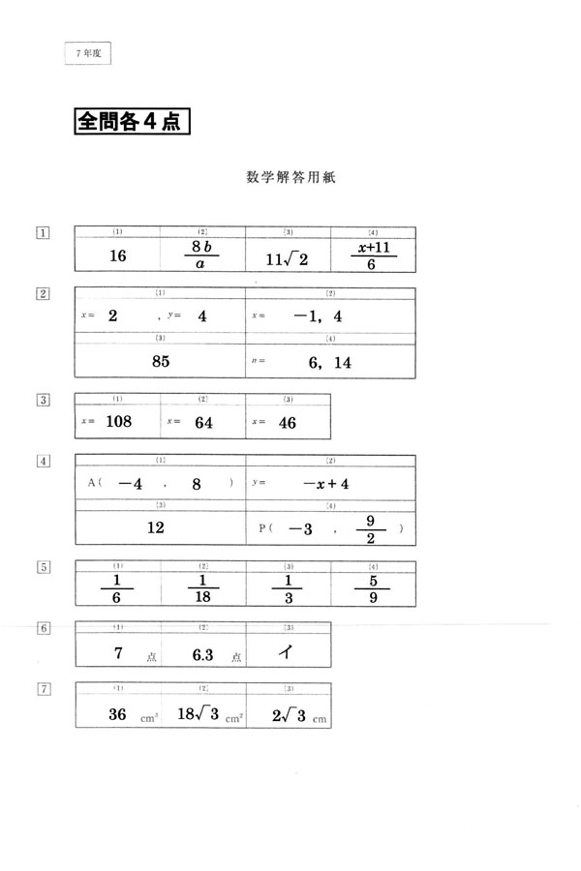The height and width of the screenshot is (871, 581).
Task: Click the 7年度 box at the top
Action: tap(88, 54)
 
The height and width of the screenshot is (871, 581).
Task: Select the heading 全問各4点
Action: tap(131, 124)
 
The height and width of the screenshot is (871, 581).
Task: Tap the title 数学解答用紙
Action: tap(290, 178)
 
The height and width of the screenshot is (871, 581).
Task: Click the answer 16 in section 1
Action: tap(119, 256)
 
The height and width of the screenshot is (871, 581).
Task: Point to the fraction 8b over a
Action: tap(202, 255)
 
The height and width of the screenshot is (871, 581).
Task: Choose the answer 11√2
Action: tap(288, 258)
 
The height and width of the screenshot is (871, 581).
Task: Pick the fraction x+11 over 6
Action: tap(373, 255)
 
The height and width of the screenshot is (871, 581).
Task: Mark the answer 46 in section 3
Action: tap(287, 422)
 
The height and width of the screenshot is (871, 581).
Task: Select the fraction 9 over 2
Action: tap(370, 528)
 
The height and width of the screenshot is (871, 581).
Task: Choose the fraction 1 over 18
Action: tap(202, 587)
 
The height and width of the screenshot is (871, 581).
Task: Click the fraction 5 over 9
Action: tap(373, 587)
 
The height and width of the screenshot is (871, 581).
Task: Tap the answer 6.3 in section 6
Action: tap(202, 654)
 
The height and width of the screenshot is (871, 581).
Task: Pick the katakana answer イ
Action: tap(287, 651)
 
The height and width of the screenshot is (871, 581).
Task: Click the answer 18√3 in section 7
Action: tap(199, 715)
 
